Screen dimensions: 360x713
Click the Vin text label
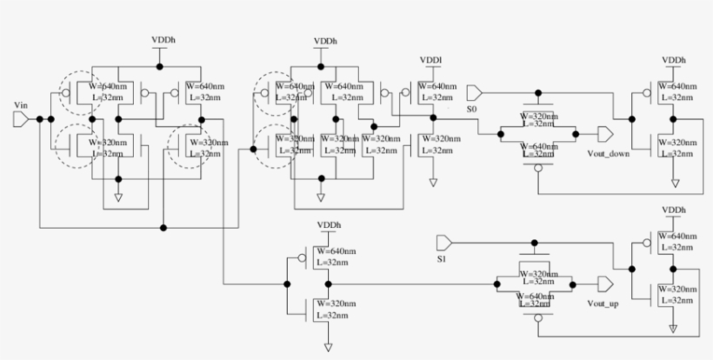[x=23, y=104]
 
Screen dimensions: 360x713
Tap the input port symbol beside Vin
[x=22, y=119]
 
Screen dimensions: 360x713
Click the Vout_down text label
[x=608, y=153]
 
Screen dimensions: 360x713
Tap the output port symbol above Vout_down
[x=604, y=134]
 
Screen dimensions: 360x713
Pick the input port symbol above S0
[x=476, y=92]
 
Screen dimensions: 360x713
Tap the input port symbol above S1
[x=444, y=240]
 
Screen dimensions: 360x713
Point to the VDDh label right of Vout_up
[x=674, y=210]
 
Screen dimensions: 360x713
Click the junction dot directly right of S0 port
[x=537, y=92]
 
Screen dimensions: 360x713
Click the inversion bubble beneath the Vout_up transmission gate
[x=537, y=318]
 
